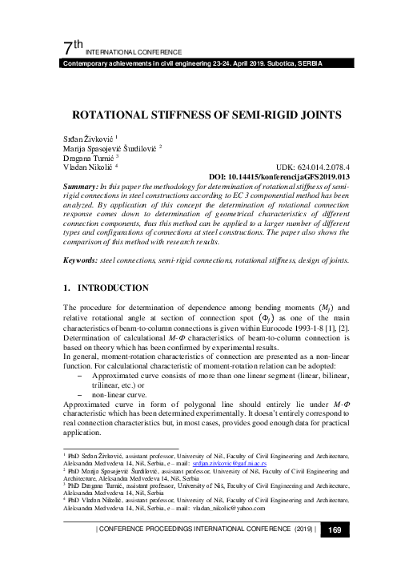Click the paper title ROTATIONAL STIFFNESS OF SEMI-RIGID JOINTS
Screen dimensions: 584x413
tap(206, 115)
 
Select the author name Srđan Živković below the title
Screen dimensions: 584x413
tap(88, 140)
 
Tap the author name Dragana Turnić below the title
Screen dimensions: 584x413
tap(87, 157)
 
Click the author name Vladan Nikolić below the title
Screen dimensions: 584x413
tap(86, 166)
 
